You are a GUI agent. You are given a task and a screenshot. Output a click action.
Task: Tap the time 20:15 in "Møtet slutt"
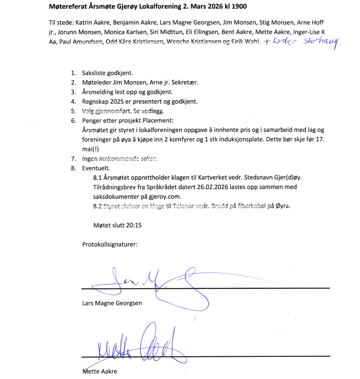(x=131, y=225)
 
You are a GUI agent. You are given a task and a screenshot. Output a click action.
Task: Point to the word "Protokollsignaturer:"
(x=110, y=244)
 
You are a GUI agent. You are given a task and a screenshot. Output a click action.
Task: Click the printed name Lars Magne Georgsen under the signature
(x=112, y=303)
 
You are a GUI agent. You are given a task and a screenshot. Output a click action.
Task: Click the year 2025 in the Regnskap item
(x=118, y=102)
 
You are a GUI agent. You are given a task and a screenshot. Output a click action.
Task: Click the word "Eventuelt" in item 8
(x=95, y=168)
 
